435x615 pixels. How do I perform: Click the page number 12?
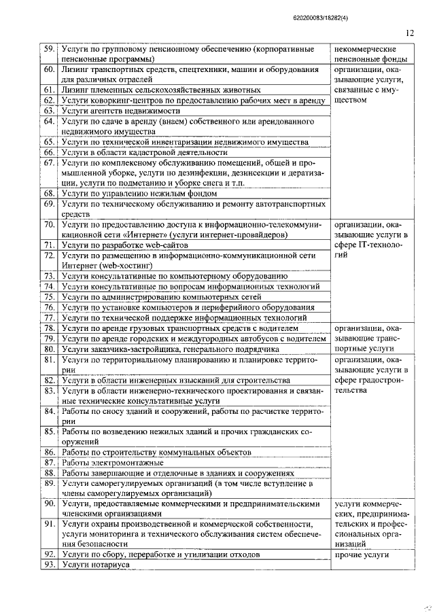(x=409, y=32)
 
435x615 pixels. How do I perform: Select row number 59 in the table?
(x=49, y=50)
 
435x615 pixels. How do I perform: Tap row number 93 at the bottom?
(x=49, y=565)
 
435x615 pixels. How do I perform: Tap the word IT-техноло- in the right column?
(x=376, y=244)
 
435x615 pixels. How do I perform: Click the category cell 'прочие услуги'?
(x=362, y=555)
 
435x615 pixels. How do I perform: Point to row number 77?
(x=49, y=317)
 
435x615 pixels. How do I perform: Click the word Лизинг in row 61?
(x=75, y=90)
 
